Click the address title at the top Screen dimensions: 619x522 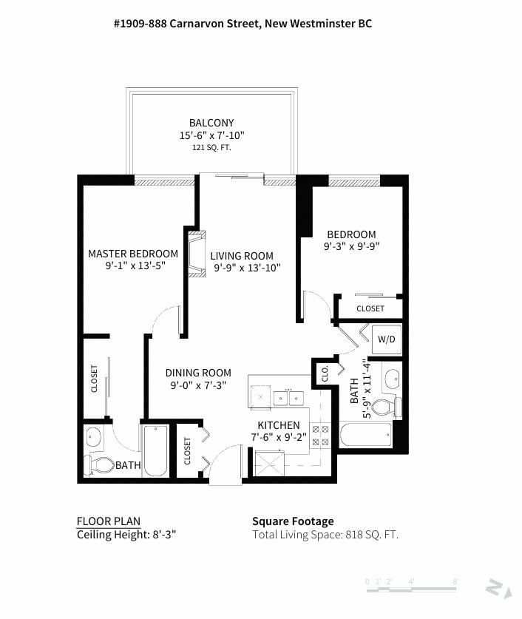(243, 24)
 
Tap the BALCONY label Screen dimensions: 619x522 (211, 123)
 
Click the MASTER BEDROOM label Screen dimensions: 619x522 (133, 254)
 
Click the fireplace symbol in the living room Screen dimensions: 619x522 (196, 254)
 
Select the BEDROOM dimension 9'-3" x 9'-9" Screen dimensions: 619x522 (351, 246)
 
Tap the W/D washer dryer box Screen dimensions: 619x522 (386, 339)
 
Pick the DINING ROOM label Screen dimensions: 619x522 (198, 373)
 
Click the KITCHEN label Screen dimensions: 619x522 (279, 425)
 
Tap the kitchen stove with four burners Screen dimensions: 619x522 (322, 435)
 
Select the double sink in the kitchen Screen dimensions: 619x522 (289, 398)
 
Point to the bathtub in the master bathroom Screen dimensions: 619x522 (155, 450)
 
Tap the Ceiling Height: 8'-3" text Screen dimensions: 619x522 (126, 535)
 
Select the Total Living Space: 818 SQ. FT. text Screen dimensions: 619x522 (325, 535)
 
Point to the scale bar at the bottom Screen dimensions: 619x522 (413, 582)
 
